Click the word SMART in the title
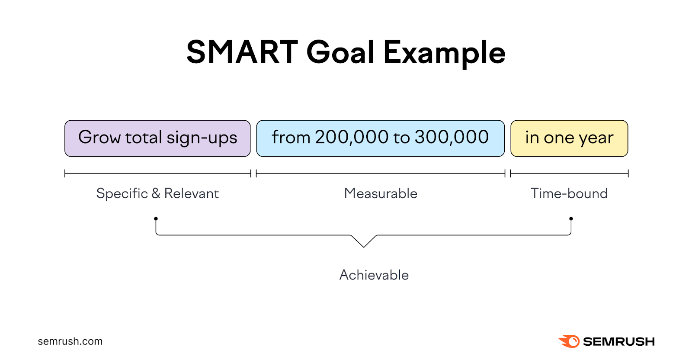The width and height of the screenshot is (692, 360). pyautogui.click(x=242, y=52)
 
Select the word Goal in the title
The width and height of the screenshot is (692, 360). pyautogui.click(x=340, y=52)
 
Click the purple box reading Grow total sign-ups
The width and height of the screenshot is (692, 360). pyautogui.click(x=157, y=138)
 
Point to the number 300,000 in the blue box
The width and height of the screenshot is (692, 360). pyautogui.click(x=452, y=137)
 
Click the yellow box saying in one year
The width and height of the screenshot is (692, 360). pyautogui.click(x=569, y=138)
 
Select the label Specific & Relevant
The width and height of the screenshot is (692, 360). pyautogui.click(x=157, y=193)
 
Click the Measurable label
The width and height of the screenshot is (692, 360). pyautogui.click(x=381, y=193)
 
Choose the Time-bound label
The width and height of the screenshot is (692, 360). pyautogui.click(x=569, y=193)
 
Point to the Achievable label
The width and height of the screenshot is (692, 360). pyautogui.click(x=374, y=275)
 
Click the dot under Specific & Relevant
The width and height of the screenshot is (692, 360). pyautogui.click(x=156, y=219)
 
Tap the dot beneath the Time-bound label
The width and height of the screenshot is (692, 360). pyautogui.click(x=571, y=219)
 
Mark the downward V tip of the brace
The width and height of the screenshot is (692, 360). pyautogui.click(x=364, y=247)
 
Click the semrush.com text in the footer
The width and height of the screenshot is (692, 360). pyautogui.click(x=70, y=341)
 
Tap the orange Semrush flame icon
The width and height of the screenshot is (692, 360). pyautogui.click(x=569, y=341)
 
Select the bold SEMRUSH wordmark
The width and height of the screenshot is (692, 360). pyautogui.click(x=618, y=342)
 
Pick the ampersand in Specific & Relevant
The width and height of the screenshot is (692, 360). pyautogui.click(x=156, y=193)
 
